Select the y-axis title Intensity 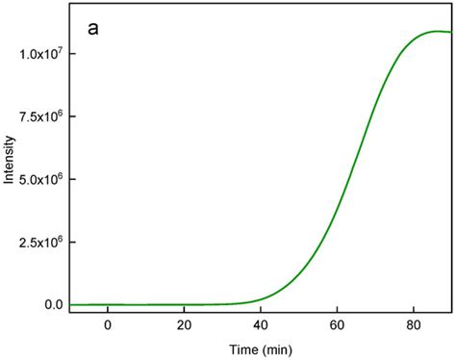(9, 179)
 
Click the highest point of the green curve (436, 31)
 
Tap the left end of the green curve (71, 304)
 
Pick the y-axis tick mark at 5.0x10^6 (73, 179)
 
